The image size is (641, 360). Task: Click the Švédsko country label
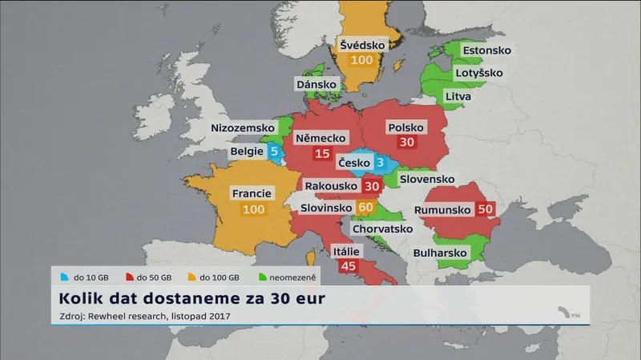[x=362, y=44]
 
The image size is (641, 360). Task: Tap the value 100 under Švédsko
[x=362, y=61]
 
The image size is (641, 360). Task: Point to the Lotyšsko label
[x=479, y=73]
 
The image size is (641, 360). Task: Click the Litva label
[x=458, y=96]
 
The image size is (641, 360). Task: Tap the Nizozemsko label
[x=242, y=128]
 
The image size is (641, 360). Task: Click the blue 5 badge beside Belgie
[x=274, y=151]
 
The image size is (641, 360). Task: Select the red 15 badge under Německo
[x=323, y=154]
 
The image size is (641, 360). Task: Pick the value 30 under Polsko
[x=406, y=141]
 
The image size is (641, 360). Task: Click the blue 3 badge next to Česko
[x=381, y=164]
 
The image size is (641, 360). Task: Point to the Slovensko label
[x=427, y=179]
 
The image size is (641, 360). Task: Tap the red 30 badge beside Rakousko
[x=371, y=186]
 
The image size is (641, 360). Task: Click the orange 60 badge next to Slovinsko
[x=366, y=208]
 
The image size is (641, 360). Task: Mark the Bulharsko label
[x=440, y=253]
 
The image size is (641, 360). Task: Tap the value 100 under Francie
[x=252, y=209]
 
